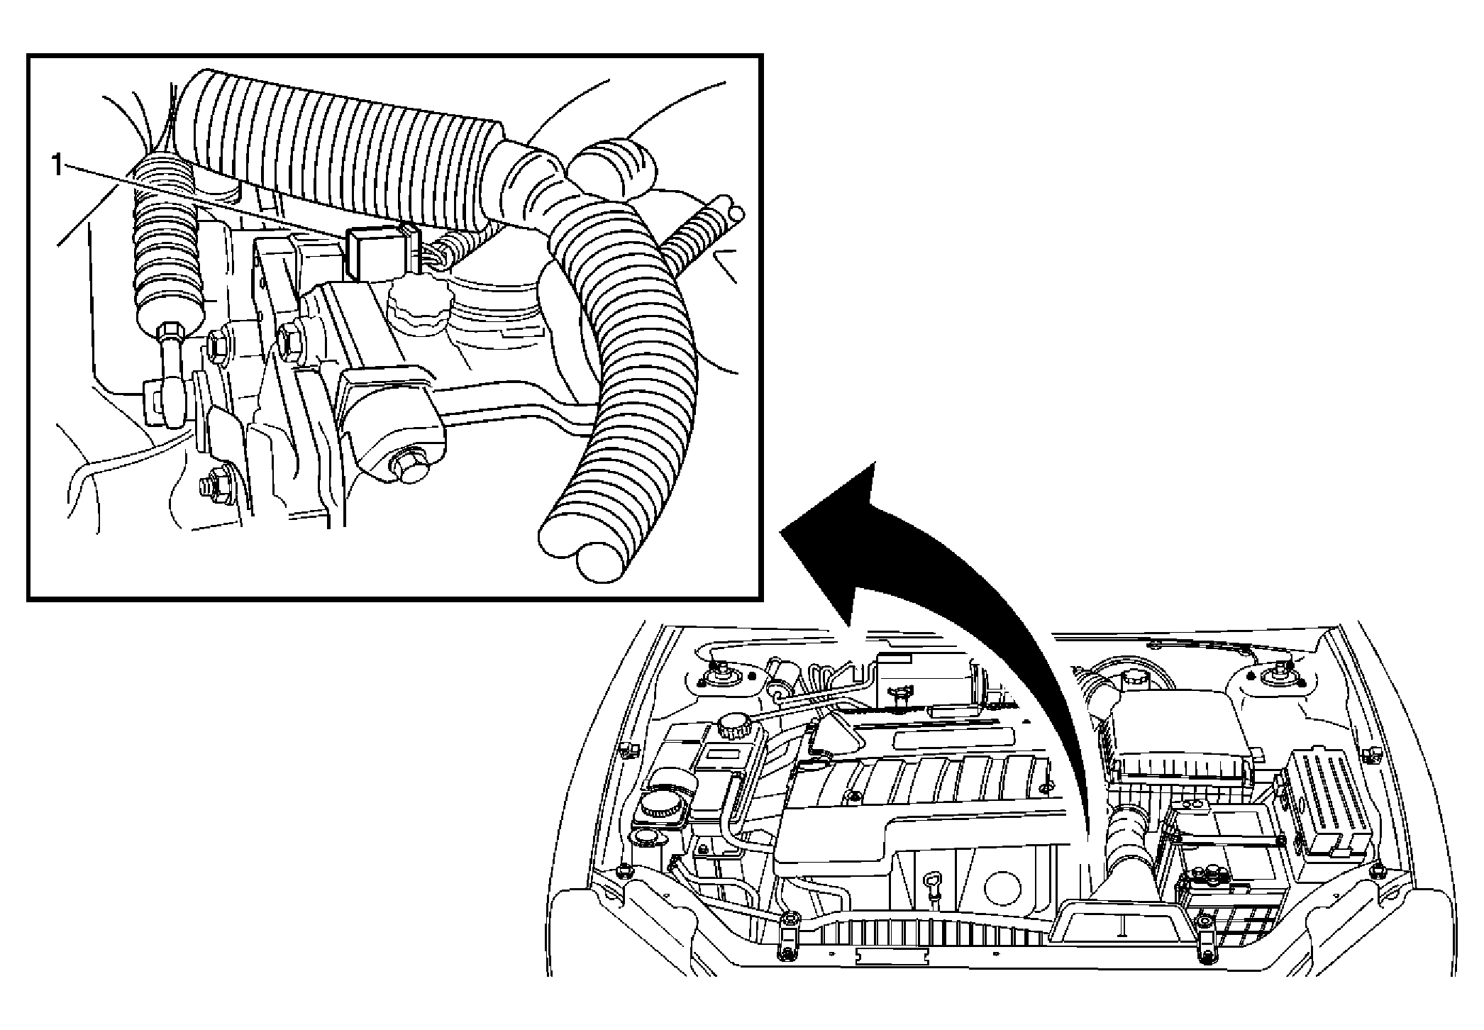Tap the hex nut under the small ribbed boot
[172, 333]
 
